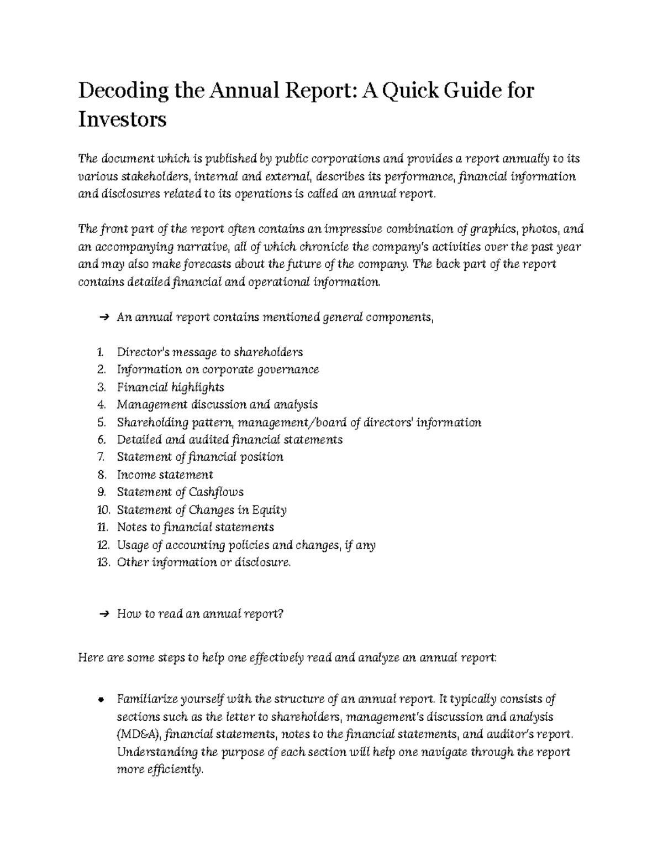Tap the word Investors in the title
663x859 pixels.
coord(122,119)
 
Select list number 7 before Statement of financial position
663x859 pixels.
coord(101,457)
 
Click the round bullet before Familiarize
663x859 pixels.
coord(101,699)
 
